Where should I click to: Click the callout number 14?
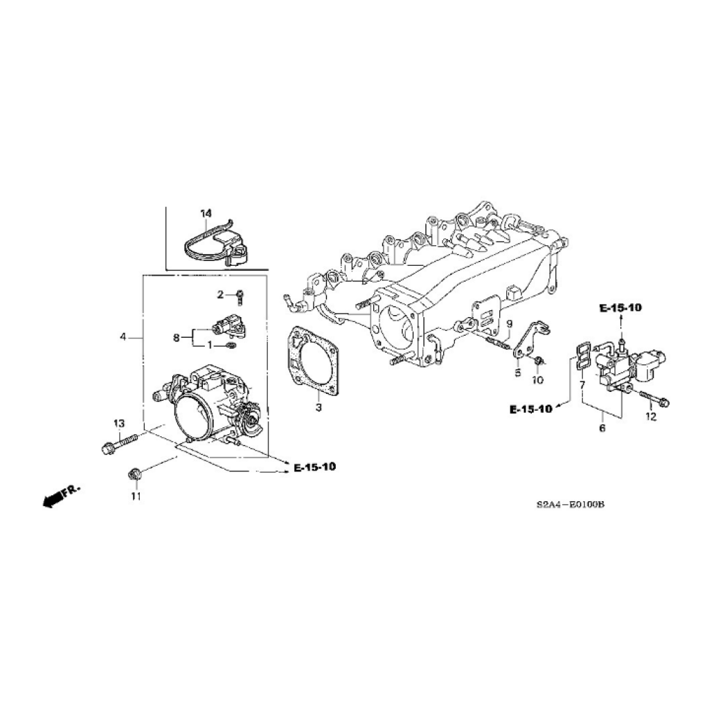point(206,213)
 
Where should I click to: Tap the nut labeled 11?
point(134,474)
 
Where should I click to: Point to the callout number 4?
point(123,337)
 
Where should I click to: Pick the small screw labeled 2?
point(240,296)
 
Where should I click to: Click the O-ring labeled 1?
point(230,346)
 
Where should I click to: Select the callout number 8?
point(177,337)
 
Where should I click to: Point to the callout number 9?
point(509,323)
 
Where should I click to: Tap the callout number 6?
point(602,428)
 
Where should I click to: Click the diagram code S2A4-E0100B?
point(571,504)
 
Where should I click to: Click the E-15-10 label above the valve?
point(620,308)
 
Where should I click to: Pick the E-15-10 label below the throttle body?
point(315,467)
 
